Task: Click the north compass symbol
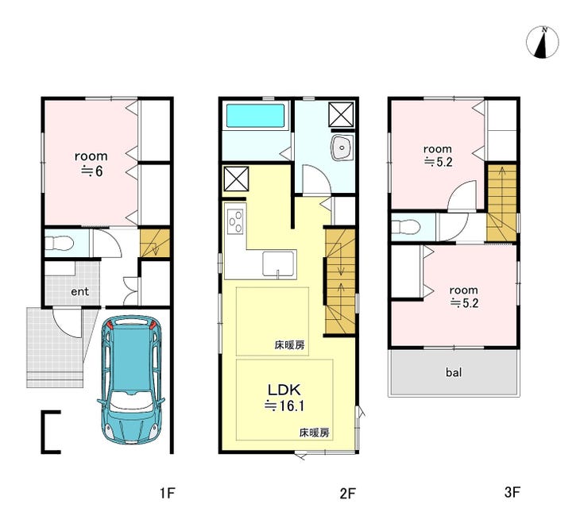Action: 542,42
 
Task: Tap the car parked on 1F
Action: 131,379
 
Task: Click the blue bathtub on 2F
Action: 255,116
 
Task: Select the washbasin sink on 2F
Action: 342,148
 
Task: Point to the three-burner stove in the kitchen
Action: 235,221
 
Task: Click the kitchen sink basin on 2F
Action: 278,263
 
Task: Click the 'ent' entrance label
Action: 80,291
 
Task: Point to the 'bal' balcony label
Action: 454,372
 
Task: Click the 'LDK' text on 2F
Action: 284,390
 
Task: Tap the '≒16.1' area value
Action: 284,406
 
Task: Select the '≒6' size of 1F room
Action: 92,171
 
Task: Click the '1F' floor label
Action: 167,493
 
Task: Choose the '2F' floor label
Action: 347,493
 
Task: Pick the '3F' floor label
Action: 512,492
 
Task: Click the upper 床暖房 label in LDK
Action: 289,345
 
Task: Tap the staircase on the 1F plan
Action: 155,243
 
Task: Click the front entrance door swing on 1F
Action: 68,322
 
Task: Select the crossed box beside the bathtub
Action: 341,114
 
